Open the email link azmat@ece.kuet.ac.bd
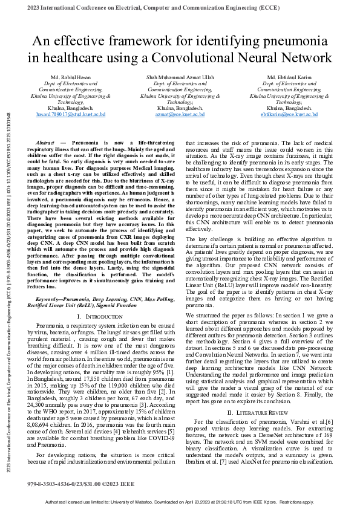coord(180,114)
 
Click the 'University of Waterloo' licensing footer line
coord(180,502)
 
